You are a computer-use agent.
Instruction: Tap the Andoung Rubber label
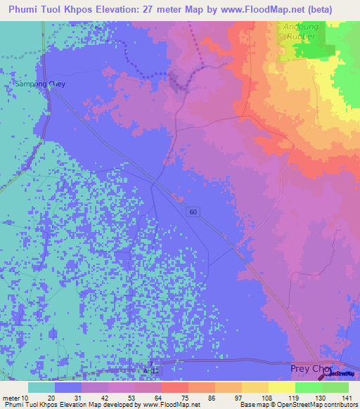pos(302,33)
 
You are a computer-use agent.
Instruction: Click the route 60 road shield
pos(192,212)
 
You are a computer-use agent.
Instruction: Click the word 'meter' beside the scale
pos(12,398)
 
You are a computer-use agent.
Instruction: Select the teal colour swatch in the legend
pos(41,387)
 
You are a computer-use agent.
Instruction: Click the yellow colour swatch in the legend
pos(282,387)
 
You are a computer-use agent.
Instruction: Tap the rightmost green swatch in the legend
pos(335,387)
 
